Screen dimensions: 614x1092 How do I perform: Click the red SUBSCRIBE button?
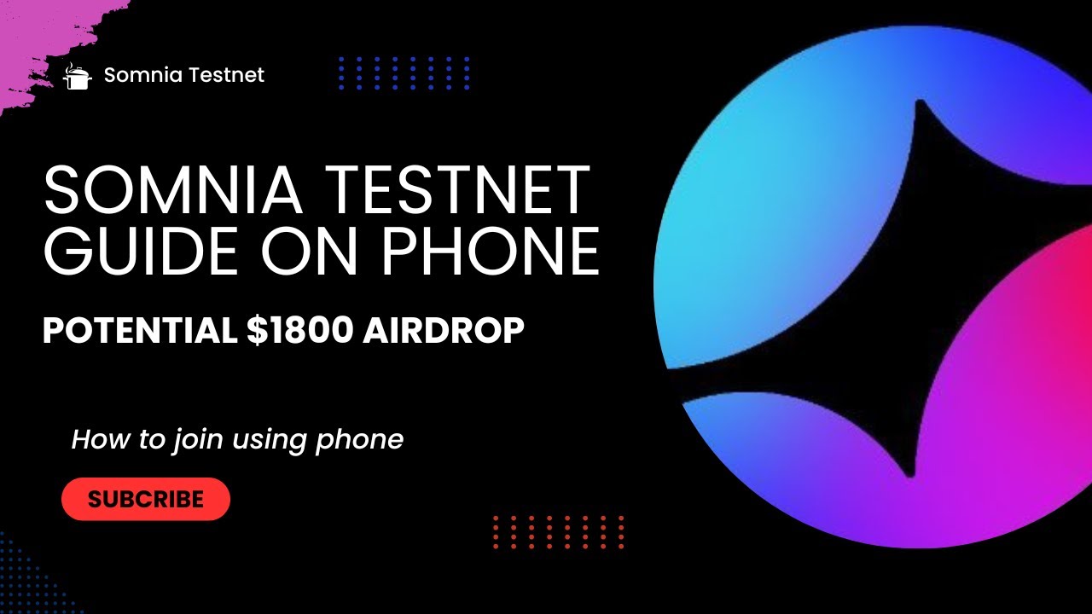(x=146, y=499)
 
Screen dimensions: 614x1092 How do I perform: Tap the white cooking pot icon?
(x=78, y=76)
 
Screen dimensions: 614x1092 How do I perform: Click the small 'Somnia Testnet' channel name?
(x=183, y=75)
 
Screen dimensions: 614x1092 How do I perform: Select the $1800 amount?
(x=299, y=331)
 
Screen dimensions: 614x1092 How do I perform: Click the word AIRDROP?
(x=444, y=331)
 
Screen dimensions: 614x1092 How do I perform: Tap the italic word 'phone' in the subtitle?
(x=359, y=441)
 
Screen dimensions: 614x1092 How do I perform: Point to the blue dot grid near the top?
(x=404, y=73)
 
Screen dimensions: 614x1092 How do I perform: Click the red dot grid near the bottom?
(x=559, y=532)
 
